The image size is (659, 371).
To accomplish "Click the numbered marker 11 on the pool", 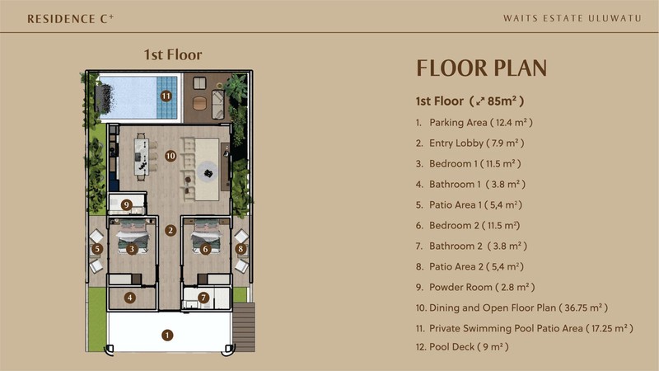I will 166,95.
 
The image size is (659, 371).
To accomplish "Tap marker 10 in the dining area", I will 170,154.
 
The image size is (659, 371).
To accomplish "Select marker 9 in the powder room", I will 126,204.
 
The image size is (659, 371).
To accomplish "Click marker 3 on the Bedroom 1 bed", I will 132,247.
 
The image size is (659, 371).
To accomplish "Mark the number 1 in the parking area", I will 168,335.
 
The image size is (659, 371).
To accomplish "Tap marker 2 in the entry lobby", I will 170,230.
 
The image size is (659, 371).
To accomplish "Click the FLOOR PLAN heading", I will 481,68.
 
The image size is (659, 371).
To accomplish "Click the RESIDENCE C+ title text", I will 63,17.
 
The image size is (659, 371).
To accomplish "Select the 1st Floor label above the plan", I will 172,55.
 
